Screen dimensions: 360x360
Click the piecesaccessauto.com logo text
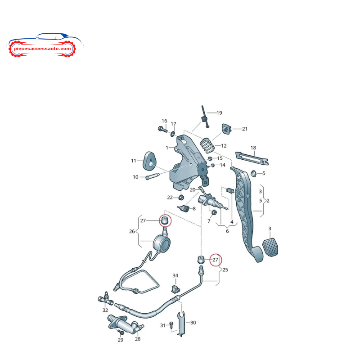42,49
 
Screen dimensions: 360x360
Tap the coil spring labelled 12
207,145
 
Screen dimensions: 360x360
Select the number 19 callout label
219,113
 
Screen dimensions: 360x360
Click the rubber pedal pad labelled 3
270,247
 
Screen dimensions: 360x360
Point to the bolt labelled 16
163,129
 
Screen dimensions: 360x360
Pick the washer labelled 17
173,133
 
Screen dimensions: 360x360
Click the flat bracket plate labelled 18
252,158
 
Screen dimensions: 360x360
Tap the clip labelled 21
227,129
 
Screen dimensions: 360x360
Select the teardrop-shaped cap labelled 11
149,161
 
